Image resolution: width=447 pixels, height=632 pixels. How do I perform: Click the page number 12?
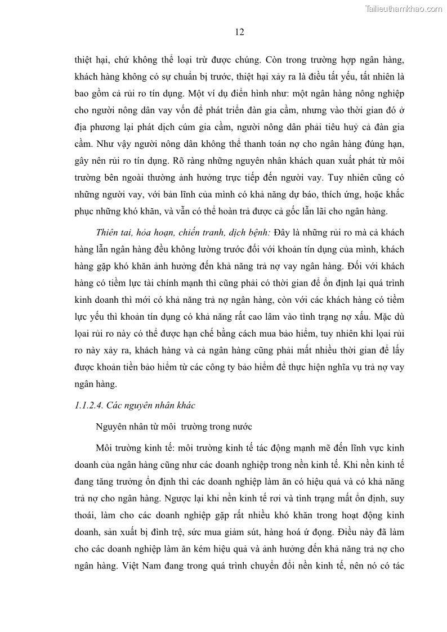tap(239, 32)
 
